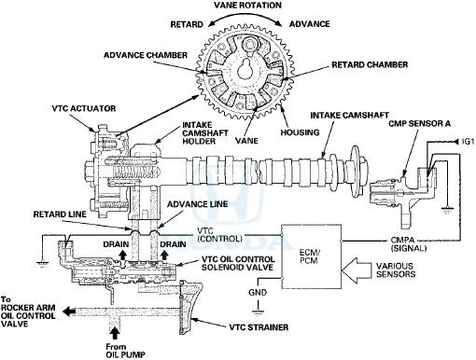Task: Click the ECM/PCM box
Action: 311,256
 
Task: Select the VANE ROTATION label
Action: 248,6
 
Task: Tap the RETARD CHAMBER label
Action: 370,64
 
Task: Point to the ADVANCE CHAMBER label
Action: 146,55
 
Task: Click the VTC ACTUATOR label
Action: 84,108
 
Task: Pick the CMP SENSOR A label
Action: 420,123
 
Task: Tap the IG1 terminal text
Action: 469,142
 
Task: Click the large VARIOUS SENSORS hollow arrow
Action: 357,270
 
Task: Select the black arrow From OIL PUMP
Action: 115,334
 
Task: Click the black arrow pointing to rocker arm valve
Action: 69,311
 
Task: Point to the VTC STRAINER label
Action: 259,327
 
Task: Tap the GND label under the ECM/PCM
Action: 258,293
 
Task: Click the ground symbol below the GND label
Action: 258,312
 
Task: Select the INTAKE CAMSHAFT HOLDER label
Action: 205,133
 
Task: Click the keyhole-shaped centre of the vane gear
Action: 247,68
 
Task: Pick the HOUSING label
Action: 300,132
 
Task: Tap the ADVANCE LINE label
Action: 198,204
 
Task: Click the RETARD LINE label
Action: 60,215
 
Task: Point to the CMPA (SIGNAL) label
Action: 408,244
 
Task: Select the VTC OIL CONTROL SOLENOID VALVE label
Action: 238,263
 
